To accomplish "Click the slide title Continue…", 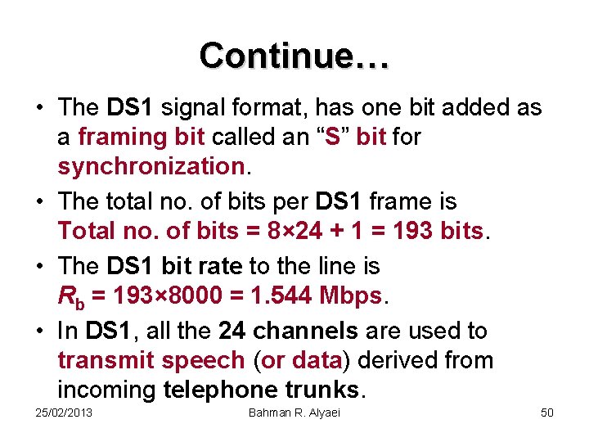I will (x=294, y=56).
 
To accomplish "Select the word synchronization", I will (x=151, y=167).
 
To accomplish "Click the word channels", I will (x=305, y=331).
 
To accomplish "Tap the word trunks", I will (x=322, y=390).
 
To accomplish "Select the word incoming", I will (x=107, y=390).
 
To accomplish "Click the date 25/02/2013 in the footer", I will (x=65, y=413).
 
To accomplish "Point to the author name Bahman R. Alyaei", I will (x=294, y=413).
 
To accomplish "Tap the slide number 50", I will (x=547, y=413).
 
